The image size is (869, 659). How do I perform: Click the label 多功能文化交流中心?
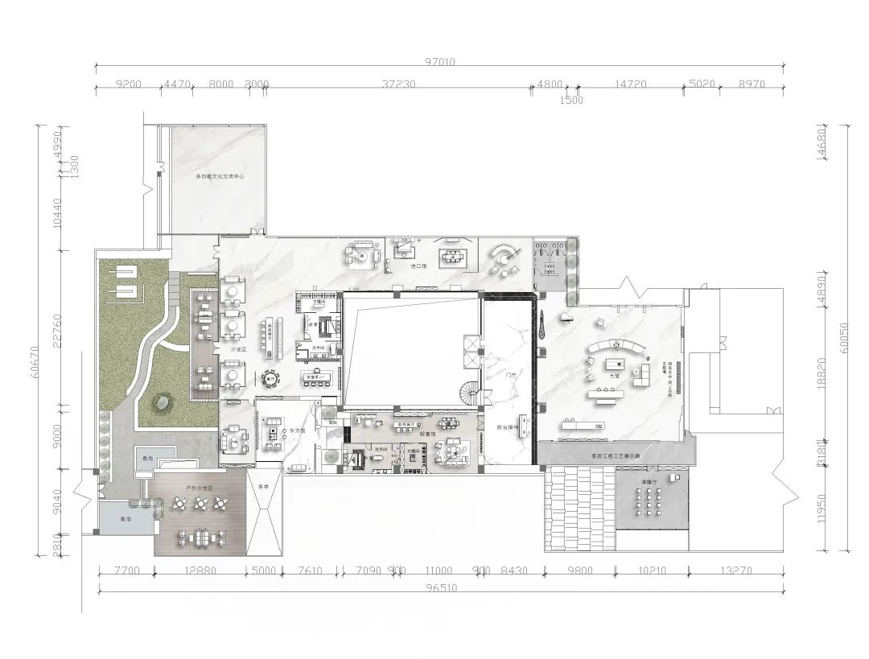click(x=220, y=176)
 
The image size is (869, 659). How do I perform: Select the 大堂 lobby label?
click(x=615, y=375)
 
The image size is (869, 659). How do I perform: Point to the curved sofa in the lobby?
click(x=616, y=348)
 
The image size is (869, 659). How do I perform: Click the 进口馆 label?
click(x=418, y=266)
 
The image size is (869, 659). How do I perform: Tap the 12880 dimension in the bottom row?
click(x=200, y=571)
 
